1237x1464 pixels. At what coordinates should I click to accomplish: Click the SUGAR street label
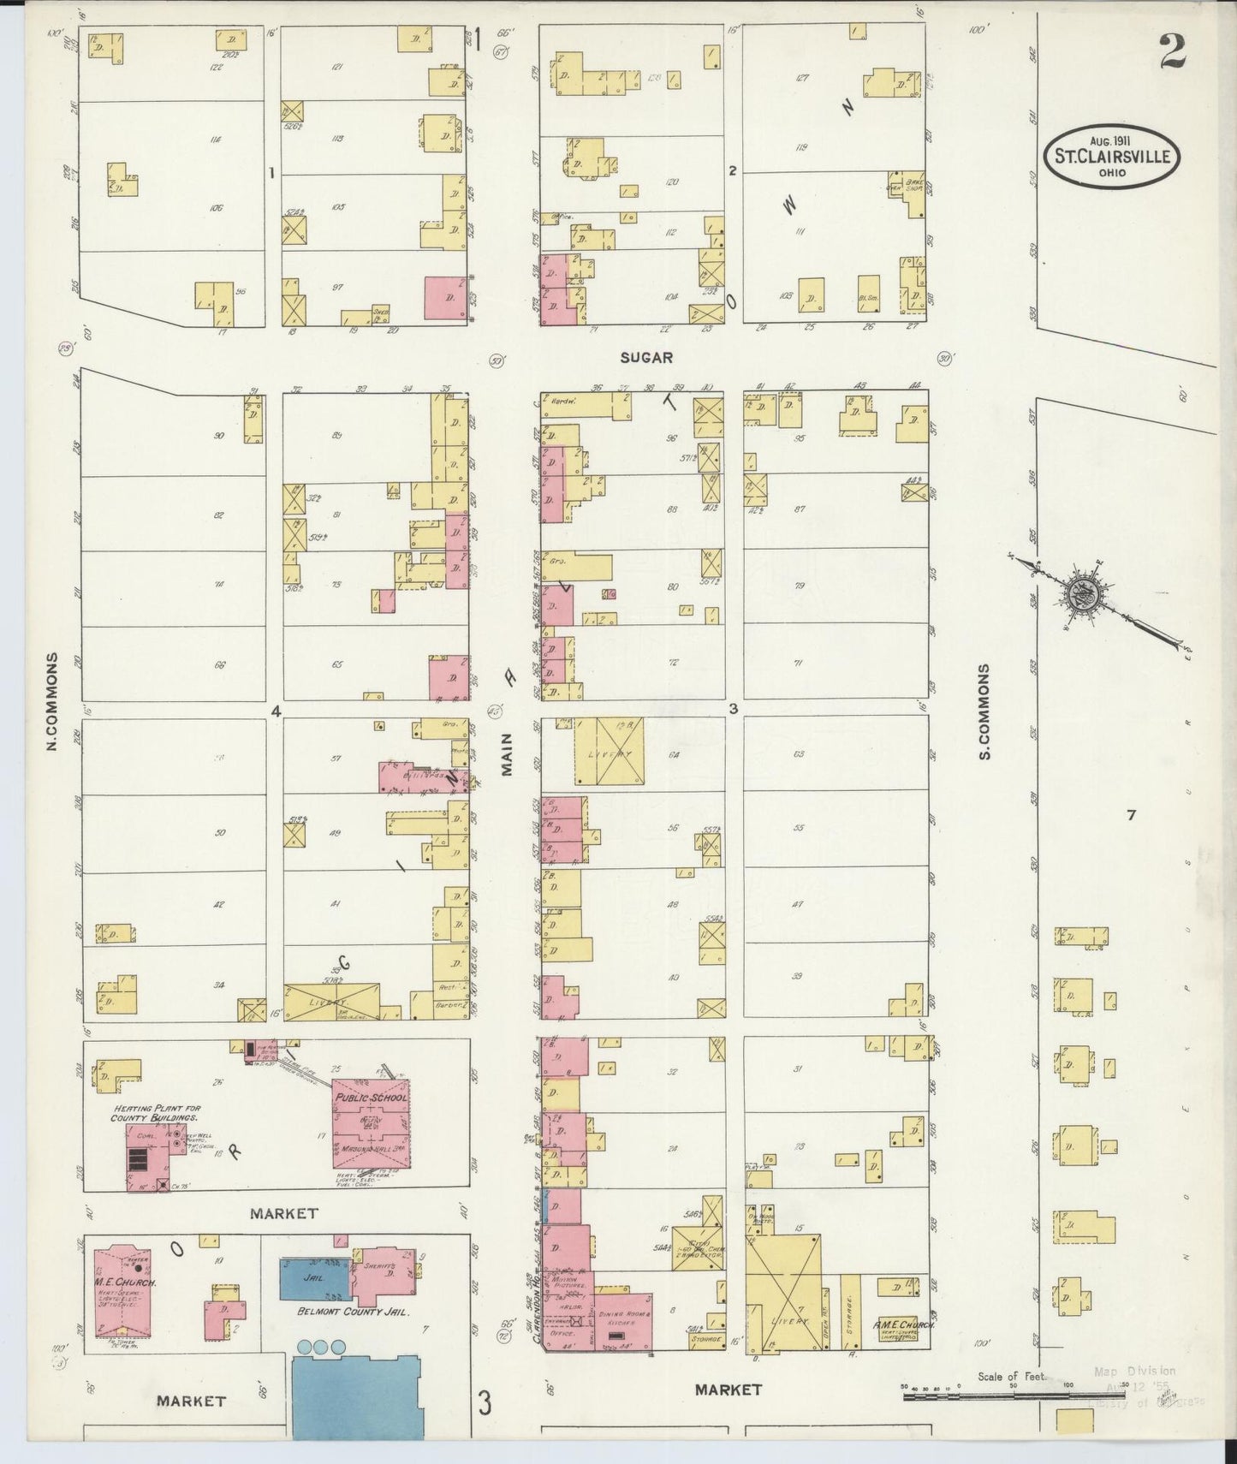tap(648, 357)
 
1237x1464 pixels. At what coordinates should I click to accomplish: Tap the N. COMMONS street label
tap(52, 702)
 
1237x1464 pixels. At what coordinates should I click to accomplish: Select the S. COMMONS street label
tap(984, 711)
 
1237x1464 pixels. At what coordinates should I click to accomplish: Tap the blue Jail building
tap(315, 1279)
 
